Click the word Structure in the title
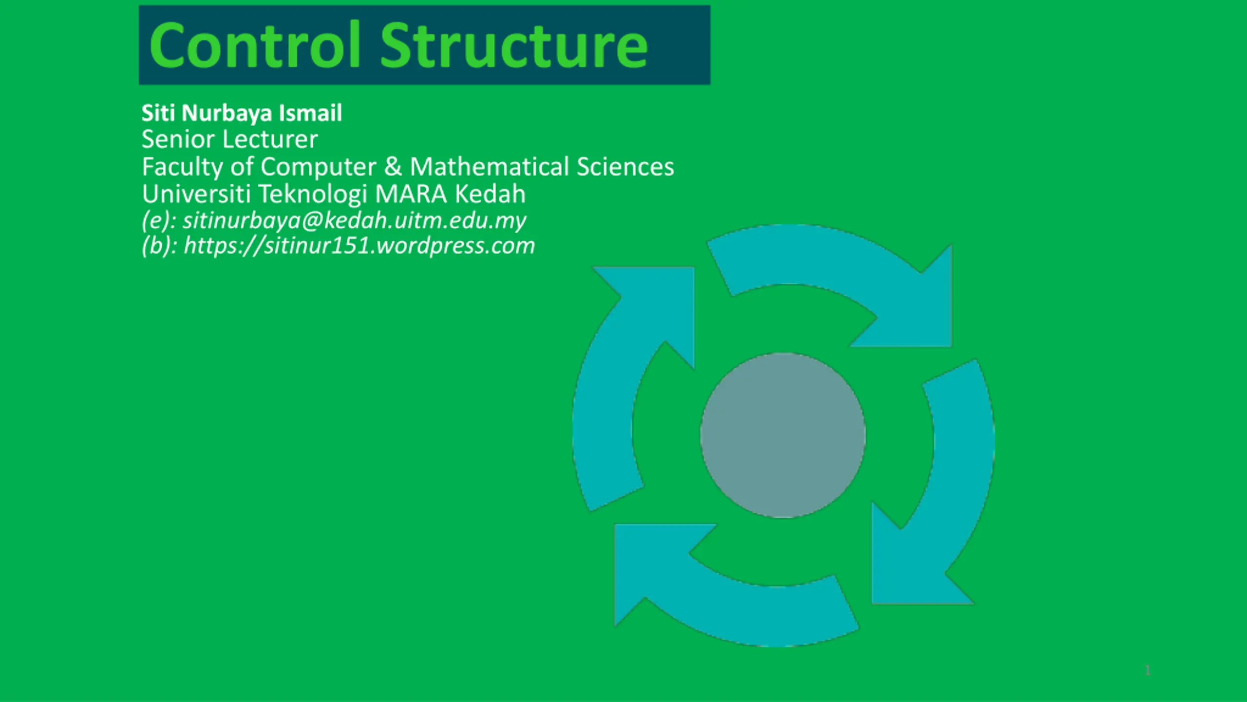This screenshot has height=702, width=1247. click(514, 45)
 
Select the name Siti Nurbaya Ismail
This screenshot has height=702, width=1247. click(242, 113)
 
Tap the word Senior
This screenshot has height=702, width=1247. click(178, 139)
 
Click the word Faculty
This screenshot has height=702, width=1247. click(182, 167)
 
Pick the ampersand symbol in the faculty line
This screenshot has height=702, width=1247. click(393, 167)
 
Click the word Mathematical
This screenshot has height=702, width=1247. click(490, 167)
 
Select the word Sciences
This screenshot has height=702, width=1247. click(625, 167)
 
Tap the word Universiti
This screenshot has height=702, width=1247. click(196, 194)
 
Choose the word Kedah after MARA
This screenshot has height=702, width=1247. click(490, 194)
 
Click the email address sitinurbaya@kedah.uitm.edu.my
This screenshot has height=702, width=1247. click(354, 221)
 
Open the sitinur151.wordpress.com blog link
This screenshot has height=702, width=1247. click(359, 246)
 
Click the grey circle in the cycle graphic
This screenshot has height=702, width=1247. click(783, 435)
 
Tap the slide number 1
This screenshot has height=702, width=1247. click(1148, 670)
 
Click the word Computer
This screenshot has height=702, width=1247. click(318, 168)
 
